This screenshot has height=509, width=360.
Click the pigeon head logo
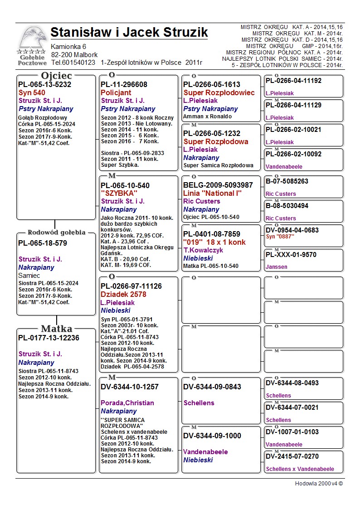point(32,39)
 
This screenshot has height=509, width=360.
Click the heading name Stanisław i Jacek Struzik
point(129,33)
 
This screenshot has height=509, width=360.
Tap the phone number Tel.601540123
point(73,63)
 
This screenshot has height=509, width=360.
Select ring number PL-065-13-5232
point(44,84)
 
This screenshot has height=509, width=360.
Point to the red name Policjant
point(116,92)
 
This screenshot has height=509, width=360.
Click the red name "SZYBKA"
point(119,194)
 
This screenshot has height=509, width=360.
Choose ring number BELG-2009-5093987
point(218,185)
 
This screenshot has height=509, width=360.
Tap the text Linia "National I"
point(212,194)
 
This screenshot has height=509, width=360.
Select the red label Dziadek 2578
point(123,295)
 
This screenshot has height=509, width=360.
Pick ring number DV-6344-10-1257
point(130,387)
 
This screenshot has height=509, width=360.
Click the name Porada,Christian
point(127,403)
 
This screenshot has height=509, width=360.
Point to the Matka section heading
point(57,329)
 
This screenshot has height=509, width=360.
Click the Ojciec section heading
point(56,76)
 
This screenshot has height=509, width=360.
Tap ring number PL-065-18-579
point(43,243)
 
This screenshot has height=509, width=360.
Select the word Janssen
point(277,267)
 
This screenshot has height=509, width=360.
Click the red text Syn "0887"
point(280,237)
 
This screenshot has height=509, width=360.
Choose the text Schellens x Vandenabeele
point(300,469)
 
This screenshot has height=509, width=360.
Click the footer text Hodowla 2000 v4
point(319,484)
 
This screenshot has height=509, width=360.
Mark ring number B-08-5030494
point(287,206)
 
